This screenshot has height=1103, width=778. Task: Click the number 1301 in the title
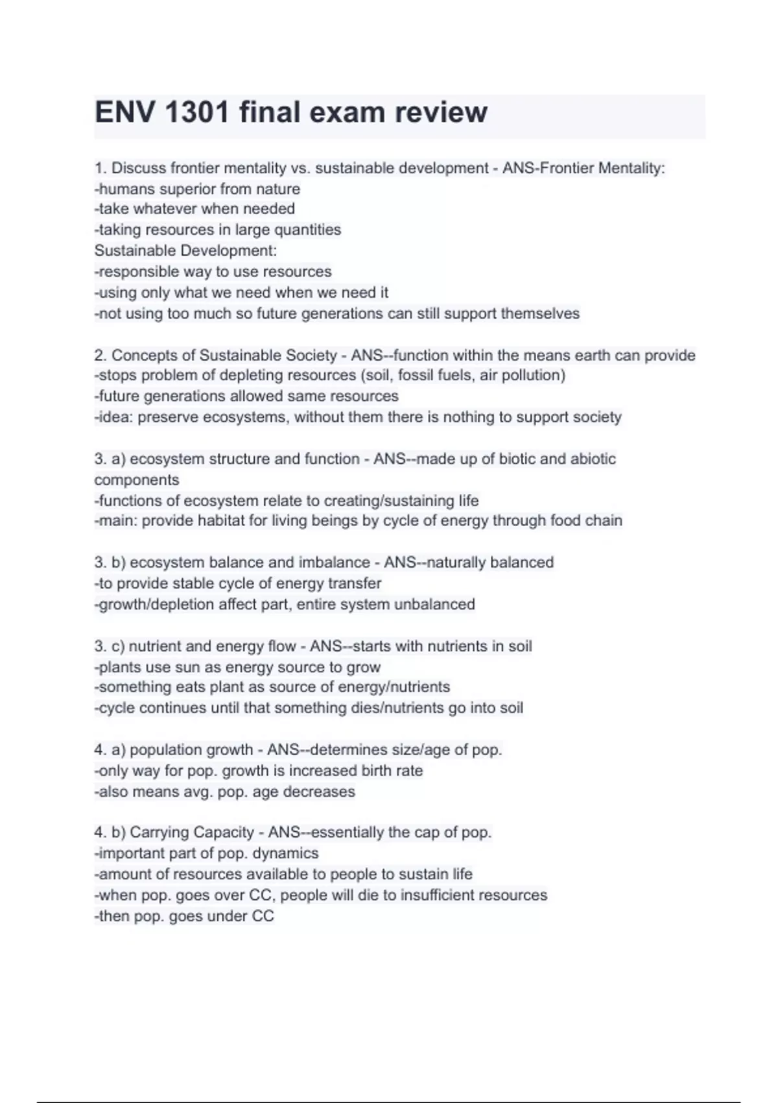(198, 112)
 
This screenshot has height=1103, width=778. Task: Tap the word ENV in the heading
(125, 112)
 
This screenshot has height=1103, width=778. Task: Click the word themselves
(540, 313)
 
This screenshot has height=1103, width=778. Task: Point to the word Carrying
(159, 832)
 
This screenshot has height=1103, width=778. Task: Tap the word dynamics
(285, 853)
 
